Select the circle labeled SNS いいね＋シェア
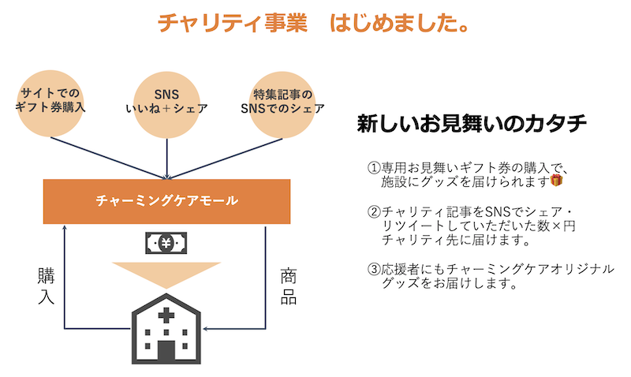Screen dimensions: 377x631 [166, 99]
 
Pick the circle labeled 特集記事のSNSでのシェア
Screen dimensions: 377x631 [282, 99]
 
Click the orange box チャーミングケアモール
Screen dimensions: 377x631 [166, 200]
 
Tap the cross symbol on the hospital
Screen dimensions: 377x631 [166, 315]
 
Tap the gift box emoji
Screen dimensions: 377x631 [557, 181]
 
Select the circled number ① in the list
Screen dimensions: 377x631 [374, 168]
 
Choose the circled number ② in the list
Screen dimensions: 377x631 [374, 212]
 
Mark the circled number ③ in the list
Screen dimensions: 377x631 [374, 269]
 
